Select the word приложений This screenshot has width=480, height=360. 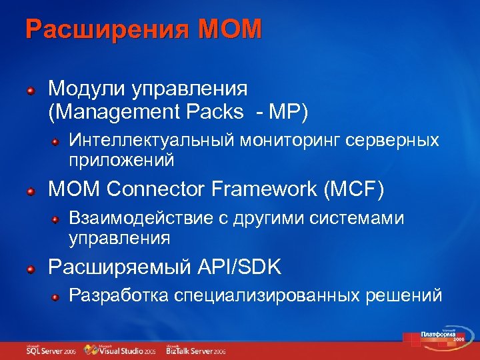click(121, 160)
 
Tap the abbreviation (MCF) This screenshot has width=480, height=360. click(354, 190)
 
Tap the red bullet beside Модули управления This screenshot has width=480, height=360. click(31, 90)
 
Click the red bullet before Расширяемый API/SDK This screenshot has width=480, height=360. click(31, 269)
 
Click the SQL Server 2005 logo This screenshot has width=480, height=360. click(51, 349)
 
